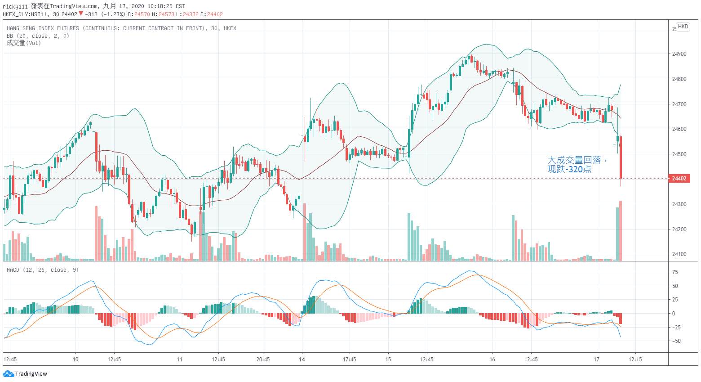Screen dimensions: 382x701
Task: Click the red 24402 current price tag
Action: pos(679,179)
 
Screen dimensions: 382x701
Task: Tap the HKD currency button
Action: pos(683,27)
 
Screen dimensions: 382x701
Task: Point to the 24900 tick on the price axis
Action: pos(679,54)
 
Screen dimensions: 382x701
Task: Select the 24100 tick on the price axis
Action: pos(679,254)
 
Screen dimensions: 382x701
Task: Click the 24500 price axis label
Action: pos(679,154)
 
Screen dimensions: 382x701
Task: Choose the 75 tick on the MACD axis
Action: pos(675,272)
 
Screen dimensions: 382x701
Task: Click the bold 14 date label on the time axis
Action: pos(302,360)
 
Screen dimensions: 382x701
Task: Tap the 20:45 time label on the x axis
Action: pos(263,360)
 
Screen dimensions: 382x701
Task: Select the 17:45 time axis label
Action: pos(349,360)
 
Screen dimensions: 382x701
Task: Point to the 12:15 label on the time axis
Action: pos(635,360)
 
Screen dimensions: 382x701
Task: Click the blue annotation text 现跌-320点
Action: pos(569,170)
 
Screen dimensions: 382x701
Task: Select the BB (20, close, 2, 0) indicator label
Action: pos(38,36)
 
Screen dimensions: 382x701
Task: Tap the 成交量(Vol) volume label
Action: pos(24,43)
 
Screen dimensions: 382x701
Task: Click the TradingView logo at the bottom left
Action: pos(25,373)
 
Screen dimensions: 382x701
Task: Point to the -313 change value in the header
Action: pos(91,14)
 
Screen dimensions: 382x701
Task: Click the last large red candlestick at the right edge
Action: pos(621,157)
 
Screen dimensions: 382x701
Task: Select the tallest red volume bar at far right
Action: pos(621,230)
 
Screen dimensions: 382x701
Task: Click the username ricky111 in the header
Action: pos(15,6)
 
